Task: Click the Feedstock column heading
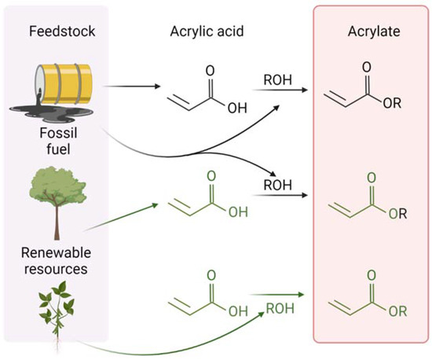pos(57,33)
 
